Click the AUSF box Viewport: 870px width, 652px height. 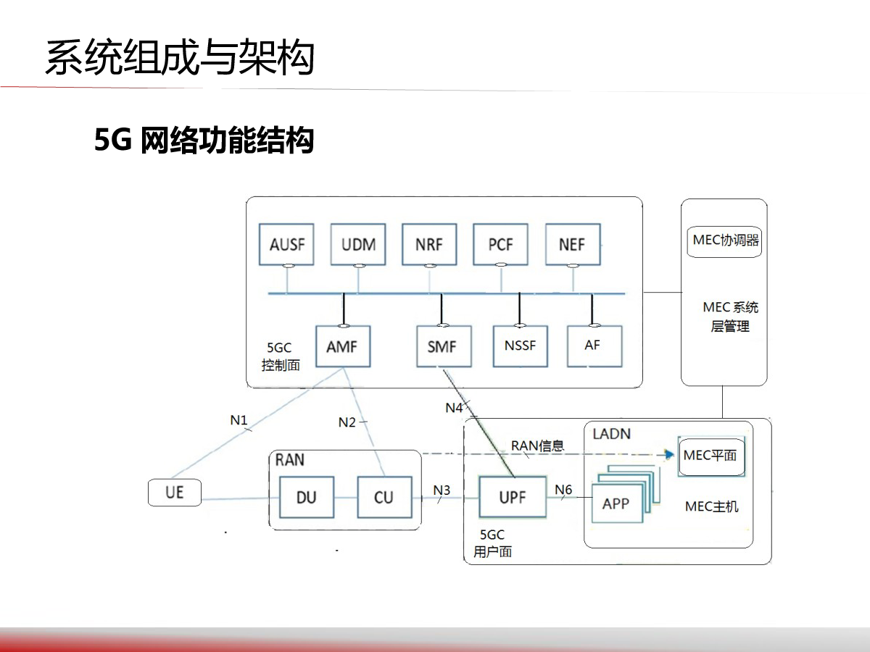(x=287, y=244)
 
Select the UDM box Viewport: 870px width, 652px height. (x=358, y=244)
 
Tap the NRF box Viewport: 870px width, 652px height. (x=429, y=244)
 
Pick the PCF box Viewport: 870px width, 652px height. (x=500, y=244)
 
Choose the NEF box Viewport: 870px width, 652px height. (x=572, y=244)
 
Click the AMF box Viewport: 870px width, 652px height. (x=342, y=346)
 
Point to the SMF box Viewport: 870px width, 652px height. (x=442, y=346)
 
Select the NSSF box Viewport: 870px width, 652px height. (x=520, y=346)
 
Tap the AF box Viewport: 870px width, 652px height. (x=592, y=346)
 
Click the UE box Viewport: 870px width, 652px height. (x=174, y=493)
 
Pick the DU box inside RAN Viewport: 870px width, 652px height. (x=307, y=497)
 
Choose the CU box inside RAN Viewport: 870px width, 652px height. (x=384, y=497)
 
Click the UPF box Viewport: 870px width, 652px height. (x=512, y=497)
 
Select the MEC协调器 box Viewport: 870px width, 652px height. (x=725, y=240)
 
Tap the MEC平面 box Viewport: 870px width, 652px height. (x=710, y=456)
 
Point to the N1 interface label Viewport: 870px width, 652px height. (x=239, y=419)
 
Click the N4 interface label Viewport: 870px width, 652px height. (x=454, y=408)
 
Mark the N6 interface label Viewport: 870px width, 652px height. (x=563, y=490)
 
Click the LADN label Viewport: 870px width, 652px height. (x=611, y=434)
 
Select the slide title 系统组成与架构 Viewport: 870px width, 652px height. (x=179, y=58)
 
